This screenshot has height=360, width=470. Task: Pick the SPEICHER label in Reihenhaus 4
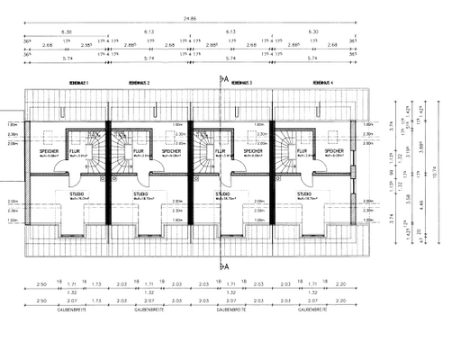click(334, 151)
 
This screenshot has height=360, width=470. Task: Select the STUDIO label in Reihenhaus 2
click(141, 193)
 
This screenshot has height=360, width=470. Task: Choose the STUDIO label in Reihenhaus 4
click(309, 193)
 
